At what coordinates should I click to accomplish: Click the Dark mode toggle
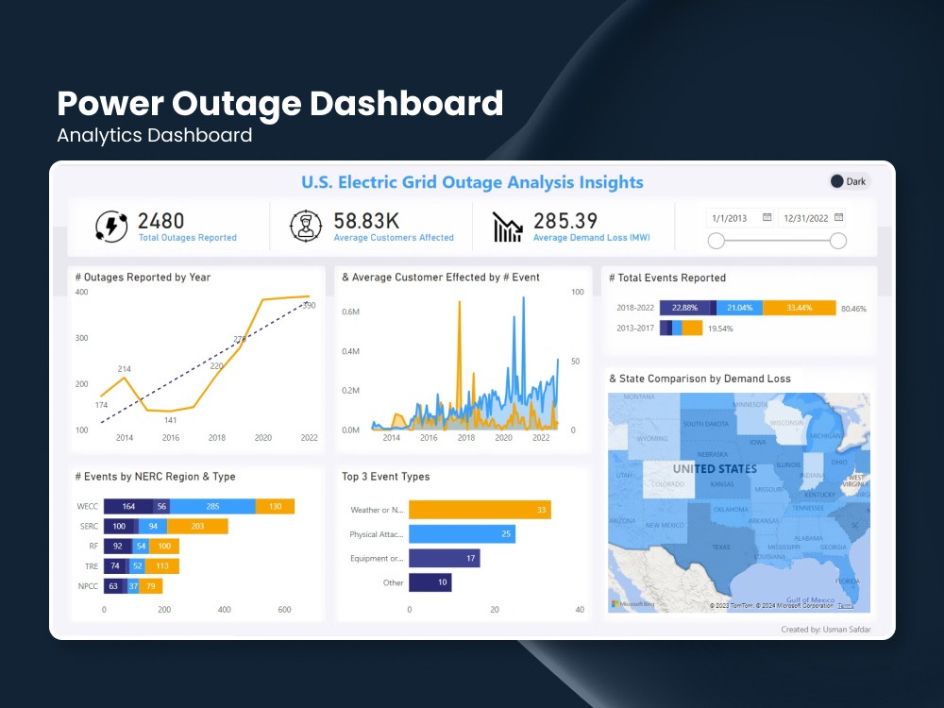click(x=848, y=182)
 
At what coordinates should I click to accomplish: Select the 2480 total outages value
click(x=161, y=221)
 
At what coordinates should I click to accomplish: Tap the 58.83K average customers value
click(x=367, y=221)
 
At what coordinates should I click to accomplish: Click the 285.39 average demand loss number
click(x=565, y=221)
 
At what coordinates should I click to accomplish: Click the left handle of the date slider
click(x=716, y=241)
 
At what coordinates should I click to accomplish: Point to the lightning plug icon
click(x=111, y=227)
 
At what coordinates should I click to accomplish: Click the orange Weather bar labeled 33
click(x=480, y=510)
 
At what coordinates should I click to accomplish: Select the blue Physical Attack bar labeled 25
click(x=462, y=534)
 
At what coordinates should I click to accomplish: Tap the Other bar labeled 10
click(x=430, y=582)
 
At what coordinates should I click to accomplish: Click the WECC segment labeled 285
click(x=212, y=507)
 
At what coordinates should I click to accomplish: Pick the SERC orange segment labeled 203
click(x=197, y=527)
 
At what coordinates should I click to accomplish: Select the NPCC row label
click(x=87, y=586)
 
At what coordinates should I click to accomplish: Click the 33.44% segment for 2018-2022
click(x=800, y=308)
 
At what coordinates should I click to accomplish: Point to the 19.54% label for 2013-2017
click(x=720, y=329)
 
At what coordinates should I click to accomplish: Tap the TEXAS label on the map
click(x=720, y=547)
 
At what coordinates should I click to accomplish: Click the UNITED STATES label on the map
click(x=715, y=469)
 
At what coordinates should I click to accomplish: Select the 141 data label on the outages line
click(x=170, y=420)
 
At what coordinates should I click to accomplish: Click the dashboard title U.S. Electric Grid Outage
click(x=472, y=182)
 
